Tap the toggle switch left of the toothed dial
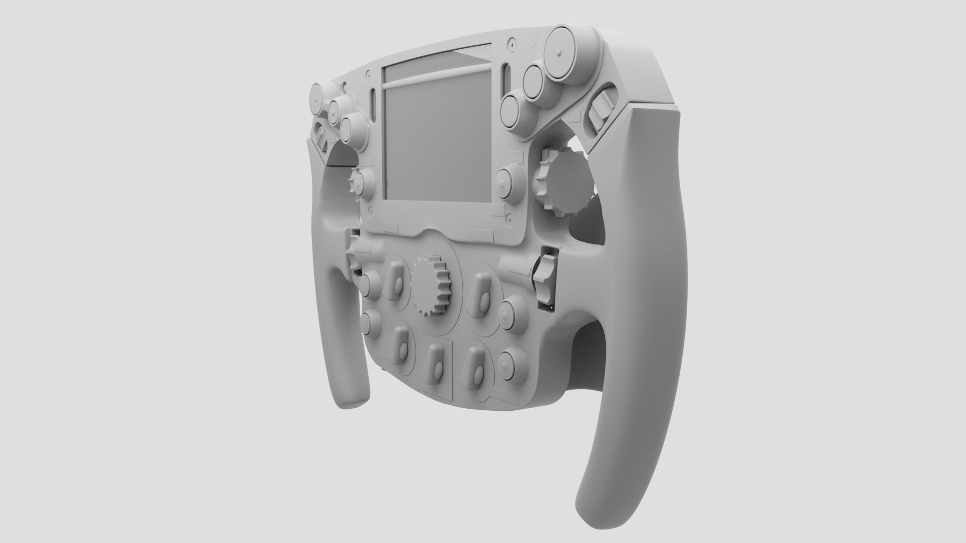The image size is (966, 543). pos(396,287)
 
